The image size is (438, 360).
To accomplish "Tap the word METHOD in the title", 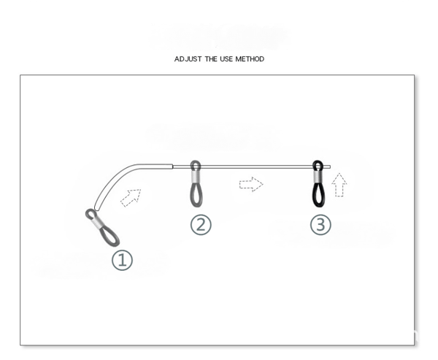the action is [x=250, y=59].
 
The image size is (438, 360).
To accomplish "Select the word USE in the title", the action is [x=226, y=59].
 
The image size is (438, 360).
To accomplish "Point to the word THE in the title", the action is [x=211, y=59].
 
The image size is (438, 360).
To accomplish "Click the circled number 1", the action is [x=122, y=260].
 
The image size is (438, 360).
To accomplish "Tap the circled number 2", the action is [x=201, y=225].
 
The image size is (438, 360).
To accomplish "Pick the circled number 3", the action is [x=320, y=225].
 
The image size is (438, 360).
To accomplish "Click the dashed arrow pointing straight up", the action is [x=339, y=185].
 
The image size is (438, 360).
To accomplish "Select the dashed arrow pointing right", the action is [x=251, y=184].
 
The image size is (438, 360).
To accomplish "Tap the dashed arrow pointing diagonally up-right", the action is [x=131, y=198].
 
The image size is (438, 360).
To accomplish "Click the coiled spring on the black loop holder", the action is [x=318, y=177].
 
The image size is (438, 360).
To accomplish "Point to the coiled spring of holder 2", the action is [x=196, y=177].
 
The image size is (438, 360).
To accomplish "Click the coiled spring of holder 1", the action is [x=96, y=223].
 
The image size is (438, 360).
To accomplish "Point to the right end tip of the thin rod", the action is [x=330, y=167].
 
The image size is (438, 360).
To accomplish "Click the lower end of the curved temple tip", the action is [x=96, y=210].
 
